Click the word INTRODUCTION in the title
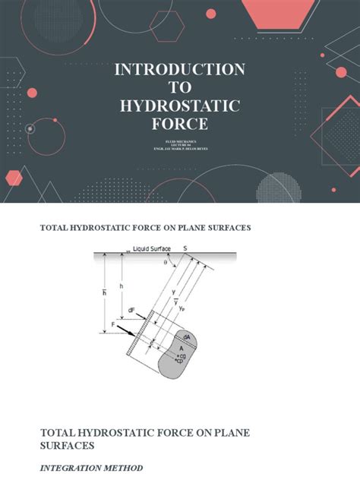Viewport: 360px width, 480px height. click(179, 70)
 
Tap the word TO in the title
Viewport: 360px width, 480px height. click(180, 88)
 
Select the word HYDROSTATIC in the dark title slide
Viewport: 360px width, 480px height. click(179, 106)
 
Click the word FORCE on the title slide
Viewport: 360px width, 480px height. click(179, 124)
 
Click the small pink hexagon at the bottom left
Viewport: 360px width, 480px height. click(14, 178)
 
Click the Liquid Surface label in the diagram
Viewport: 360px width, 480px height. click(152, 248)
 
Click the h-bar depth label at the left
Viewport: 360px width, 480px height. click(103, 289)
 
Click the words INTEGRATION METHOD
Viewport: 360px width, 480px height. click(90, 468)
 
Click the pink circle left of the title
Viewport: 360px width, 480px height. click(32, 93)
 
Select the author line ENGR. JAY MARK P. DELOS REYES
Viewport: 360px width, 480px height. click(180, 150)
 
